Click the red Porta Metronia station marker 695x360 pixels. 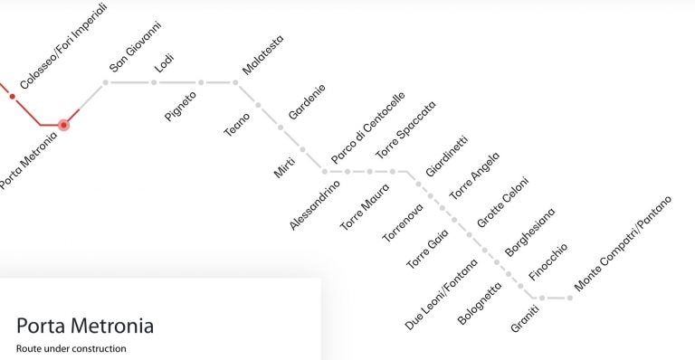(x=63, y=125)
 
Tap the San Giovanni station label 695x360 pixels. (x=135, y=47)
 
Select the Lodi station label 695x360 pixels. (x=165, y=64)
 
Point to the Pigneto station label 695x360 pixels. (x=180, y=105)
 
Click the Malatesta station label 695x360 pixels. (x=262, y=57)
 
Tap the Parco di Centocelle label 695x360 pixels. (x=367, y=127)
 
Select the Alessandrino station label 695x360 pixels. (x=315, y=204)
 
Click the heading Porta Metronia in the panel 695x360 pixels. (x=85, y=326)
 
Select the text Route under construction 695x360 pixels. (x=71, y=348)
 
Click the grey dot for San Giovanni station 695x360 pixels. (x=105, y=82)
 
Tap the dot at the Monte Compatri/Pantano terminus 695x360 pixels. (x=569, y=297)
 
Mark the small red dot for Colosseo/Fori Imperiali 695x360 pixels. (x=13, y=96)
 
